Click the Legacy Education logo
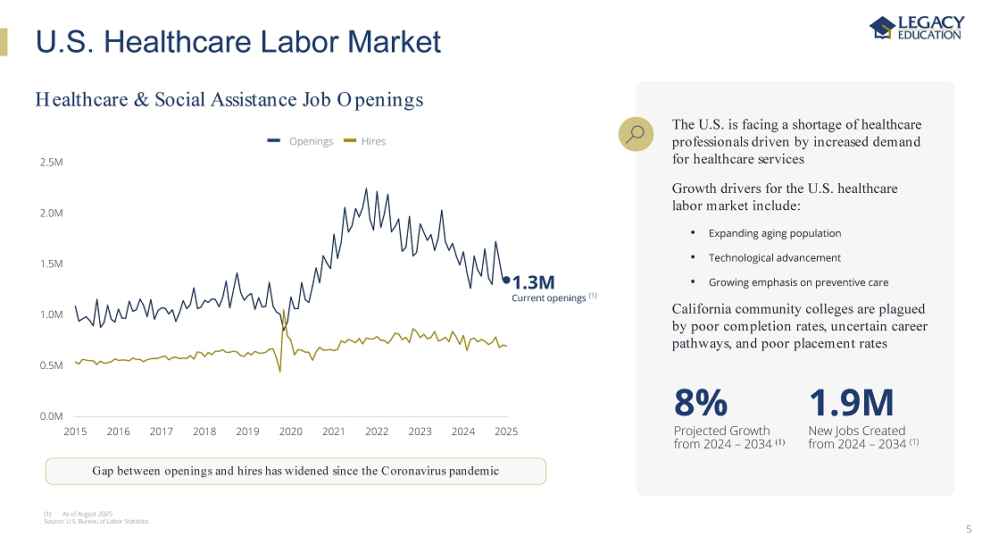(916, 28)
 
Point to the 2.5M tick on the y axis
(52, 163)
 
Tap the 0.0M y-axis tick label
(52, 415)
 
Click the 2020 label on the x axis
(291, 432)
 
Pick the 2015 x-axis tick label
(76, 432)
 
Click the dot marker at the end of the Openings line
(506, 280)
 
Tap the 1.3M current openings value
(533, 283)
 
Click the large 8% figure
(701, 404)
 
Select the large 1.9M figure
(851, 404)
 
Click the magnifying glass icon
(636, 134)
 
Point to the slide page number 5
(969, 529)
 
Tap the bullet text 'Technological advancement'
(774, 257)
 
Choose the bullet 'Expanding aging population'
(774, 233)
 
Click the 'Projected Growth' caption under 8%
(721, 431)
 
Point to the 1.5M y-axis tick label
(52, 264)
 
